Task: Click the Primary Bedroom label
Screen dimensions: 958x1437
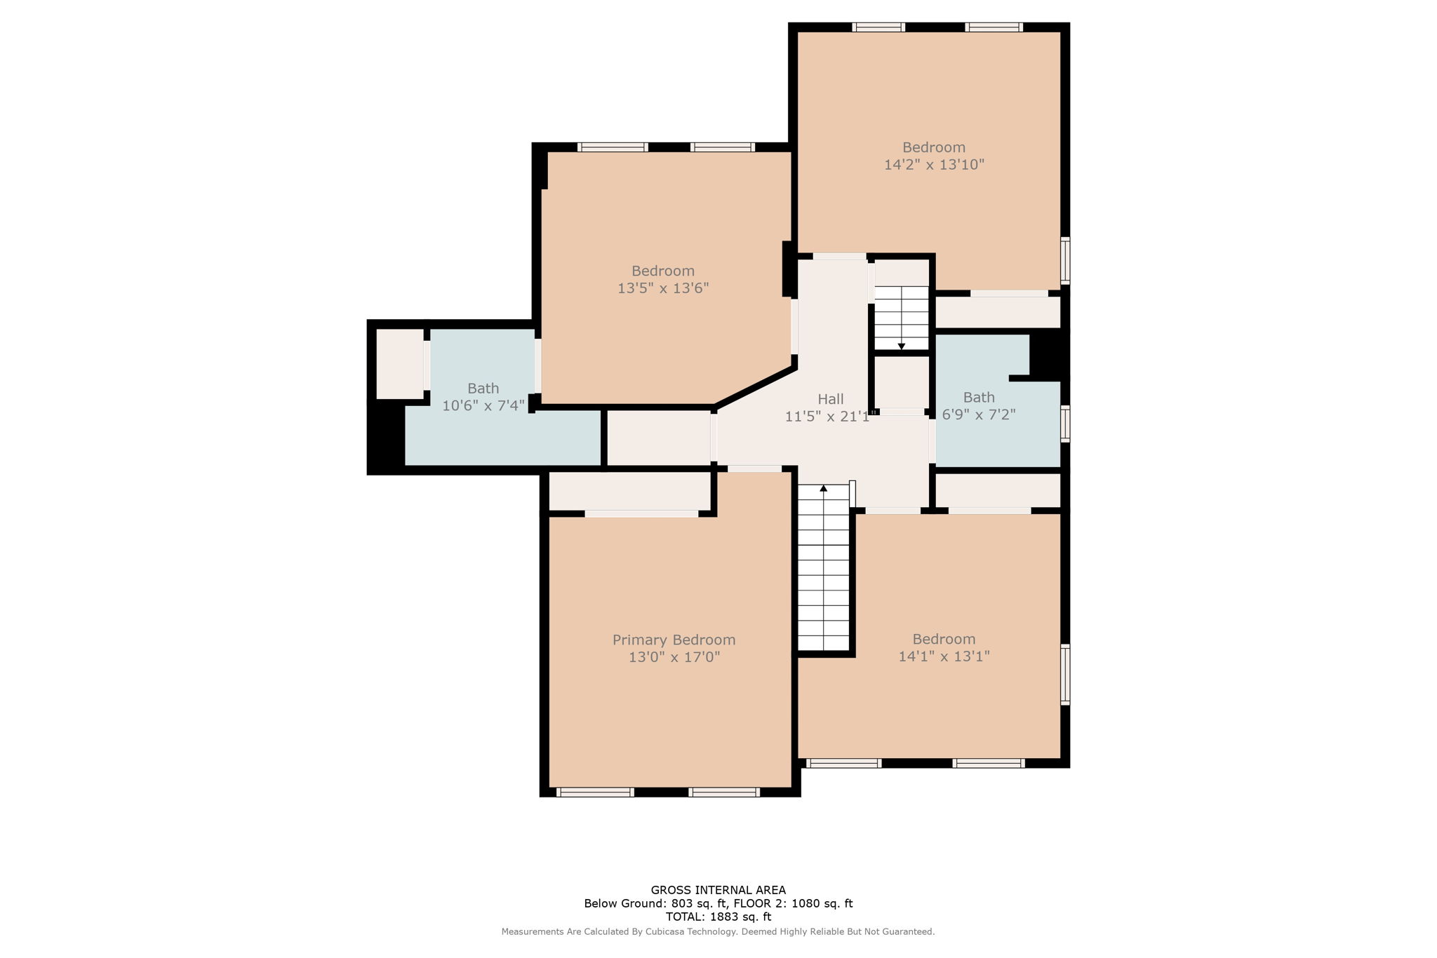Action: pos(674,640)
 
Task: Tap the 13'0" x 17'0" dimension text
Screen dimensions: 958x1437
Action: pos(674,658)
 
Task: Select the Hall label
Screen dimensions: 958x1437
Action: pos(830,399)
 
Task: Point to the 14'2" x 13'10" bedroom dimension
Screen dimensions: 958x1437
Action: pos(934,165)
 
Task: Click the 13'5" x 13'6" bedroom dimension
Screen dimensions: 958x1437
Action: pos(663,288)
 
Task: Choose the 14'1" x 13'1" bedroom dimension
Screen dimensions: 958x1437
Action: pos(944,656)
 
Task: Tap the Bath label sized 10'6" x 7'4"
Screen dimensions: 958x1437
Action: pos(483,388)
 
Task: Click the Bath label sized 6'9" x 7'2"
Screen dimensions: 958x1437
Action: pos(978,397)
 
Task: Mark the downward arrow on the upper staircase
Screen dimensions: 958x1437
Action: pos(901,346)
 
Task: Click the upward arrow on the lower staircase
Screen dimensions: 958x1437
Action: pos(824,488)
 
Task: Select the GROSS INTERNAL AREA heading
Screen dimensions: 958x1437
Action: pos(718,890)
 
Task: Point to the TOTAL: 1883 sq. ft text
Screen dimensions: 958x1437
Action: pos(718,917)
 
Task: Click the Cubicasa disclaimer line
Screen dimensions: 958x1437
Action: pos(718,932)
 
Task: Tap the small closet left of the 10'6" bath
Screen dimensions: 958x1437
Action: pos(399,363)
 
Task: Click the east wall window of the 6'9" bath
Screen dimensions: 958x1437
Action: pos(1064,424)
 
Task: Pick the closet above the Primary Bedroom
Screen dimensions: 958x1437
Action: pos(629,490)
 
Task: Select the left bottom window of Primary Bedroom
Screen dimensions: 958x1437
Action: pos(595,792)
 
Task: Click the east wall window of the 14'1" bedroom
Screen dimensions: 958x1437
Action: pos(1064,675)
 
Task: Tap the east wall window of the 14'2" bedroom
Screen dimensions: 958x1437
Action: pos(1064,261)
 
